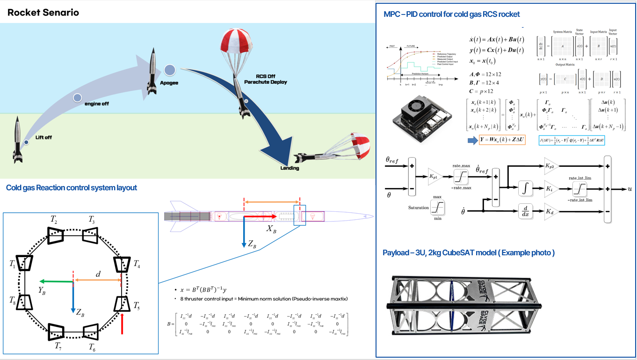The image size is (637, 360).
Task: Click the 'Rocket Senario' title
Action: point(43,13)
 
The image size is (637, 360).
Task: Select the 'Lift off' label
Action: point(43,137)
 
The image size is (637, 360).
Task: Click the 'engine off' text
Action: point(96,103)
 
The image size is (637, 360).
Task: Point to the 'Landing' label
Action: point(290,168)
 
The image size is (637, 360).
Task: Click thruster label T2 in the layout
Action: point(54,220)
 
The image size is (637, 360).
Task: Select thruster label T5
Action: point(136,306)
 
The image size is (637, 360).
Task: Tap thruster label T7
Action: point(58,346)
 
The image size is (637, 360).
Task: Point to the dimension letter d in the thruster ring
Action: point(98,274)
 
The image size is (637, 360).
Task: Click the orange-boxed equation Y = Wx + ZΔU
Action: point(502,140)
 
